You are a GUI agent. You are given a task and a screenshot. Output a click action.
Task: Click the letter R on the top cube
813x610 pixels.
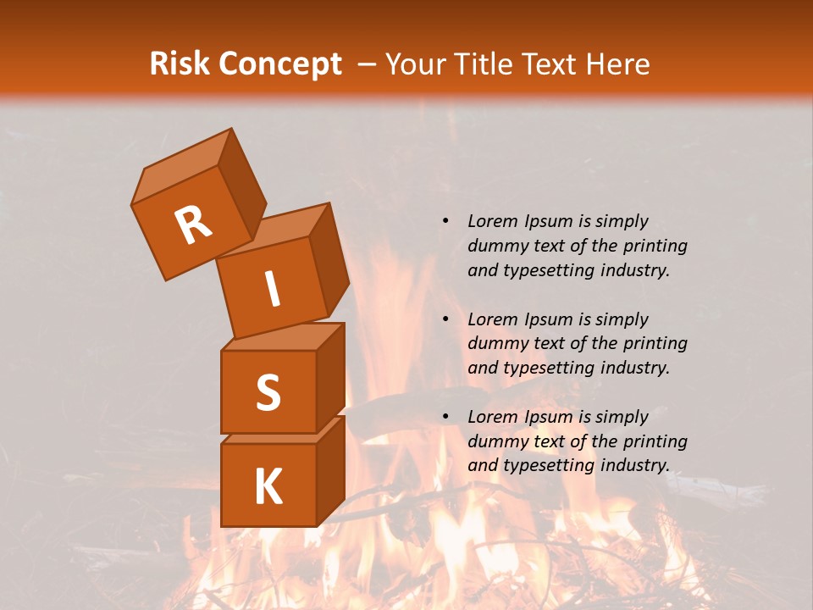click(193, 226)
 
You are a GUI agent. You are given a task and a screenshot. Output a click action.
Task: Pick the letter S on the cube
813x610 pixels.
click(268, 392)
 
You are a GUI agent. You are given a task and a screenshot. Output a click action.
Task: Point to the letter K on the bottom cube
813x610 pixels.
click(268, 486)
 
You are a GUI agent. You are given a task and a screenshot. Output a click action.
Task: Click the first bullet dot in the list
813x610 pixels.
click(445, 221)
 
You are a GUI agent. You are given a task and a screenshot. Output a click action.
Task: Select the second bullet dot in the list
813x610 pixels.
click(445, 319)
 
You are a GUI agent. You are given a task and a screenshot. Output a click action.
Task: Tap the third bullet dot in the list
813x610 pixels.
click(445, 417)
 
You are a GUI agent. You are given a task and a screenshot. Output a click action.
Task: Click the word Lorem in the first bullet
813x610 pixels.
click(491, 221)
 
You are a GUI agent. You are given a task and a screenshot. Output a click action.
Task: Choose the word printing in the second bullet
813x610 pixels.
click(655, 343)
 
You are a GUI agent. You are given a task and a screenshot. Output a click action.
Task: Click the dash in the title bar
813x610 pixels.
click(368, 64)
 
